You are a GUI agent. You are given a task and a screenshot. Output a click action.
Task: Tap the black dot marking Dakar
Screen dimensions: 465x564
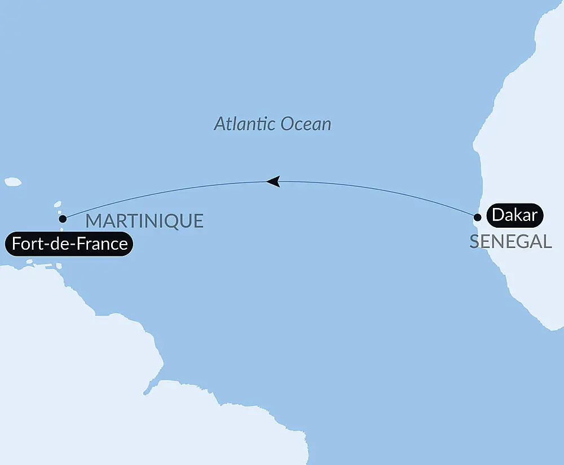[477, 217]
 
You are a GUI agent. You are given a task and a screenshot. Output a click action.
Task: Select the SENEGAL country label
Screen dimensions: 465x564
[510, 242]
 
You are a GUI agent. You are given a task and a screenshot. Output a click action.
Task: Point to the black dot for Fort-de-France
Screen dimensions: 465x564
[63, 218]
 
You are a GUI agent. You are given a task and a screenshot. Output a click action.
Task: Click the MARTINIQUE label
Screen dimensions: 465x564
[144, 221]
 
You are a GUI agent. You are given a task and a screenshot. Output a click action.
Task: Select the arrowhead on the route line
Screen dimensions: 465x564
[274, 181]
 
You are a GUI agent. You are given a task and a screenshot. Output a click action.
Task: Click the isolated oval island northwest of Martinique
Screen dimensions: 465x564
[13, 182]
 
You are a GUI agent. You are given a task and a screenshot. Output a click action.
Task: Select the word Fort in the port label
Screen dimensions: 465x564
[24, 245]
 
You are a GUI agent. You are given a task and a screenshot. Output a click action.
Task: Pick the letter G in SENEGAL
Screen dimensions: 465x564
[521, 242]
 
